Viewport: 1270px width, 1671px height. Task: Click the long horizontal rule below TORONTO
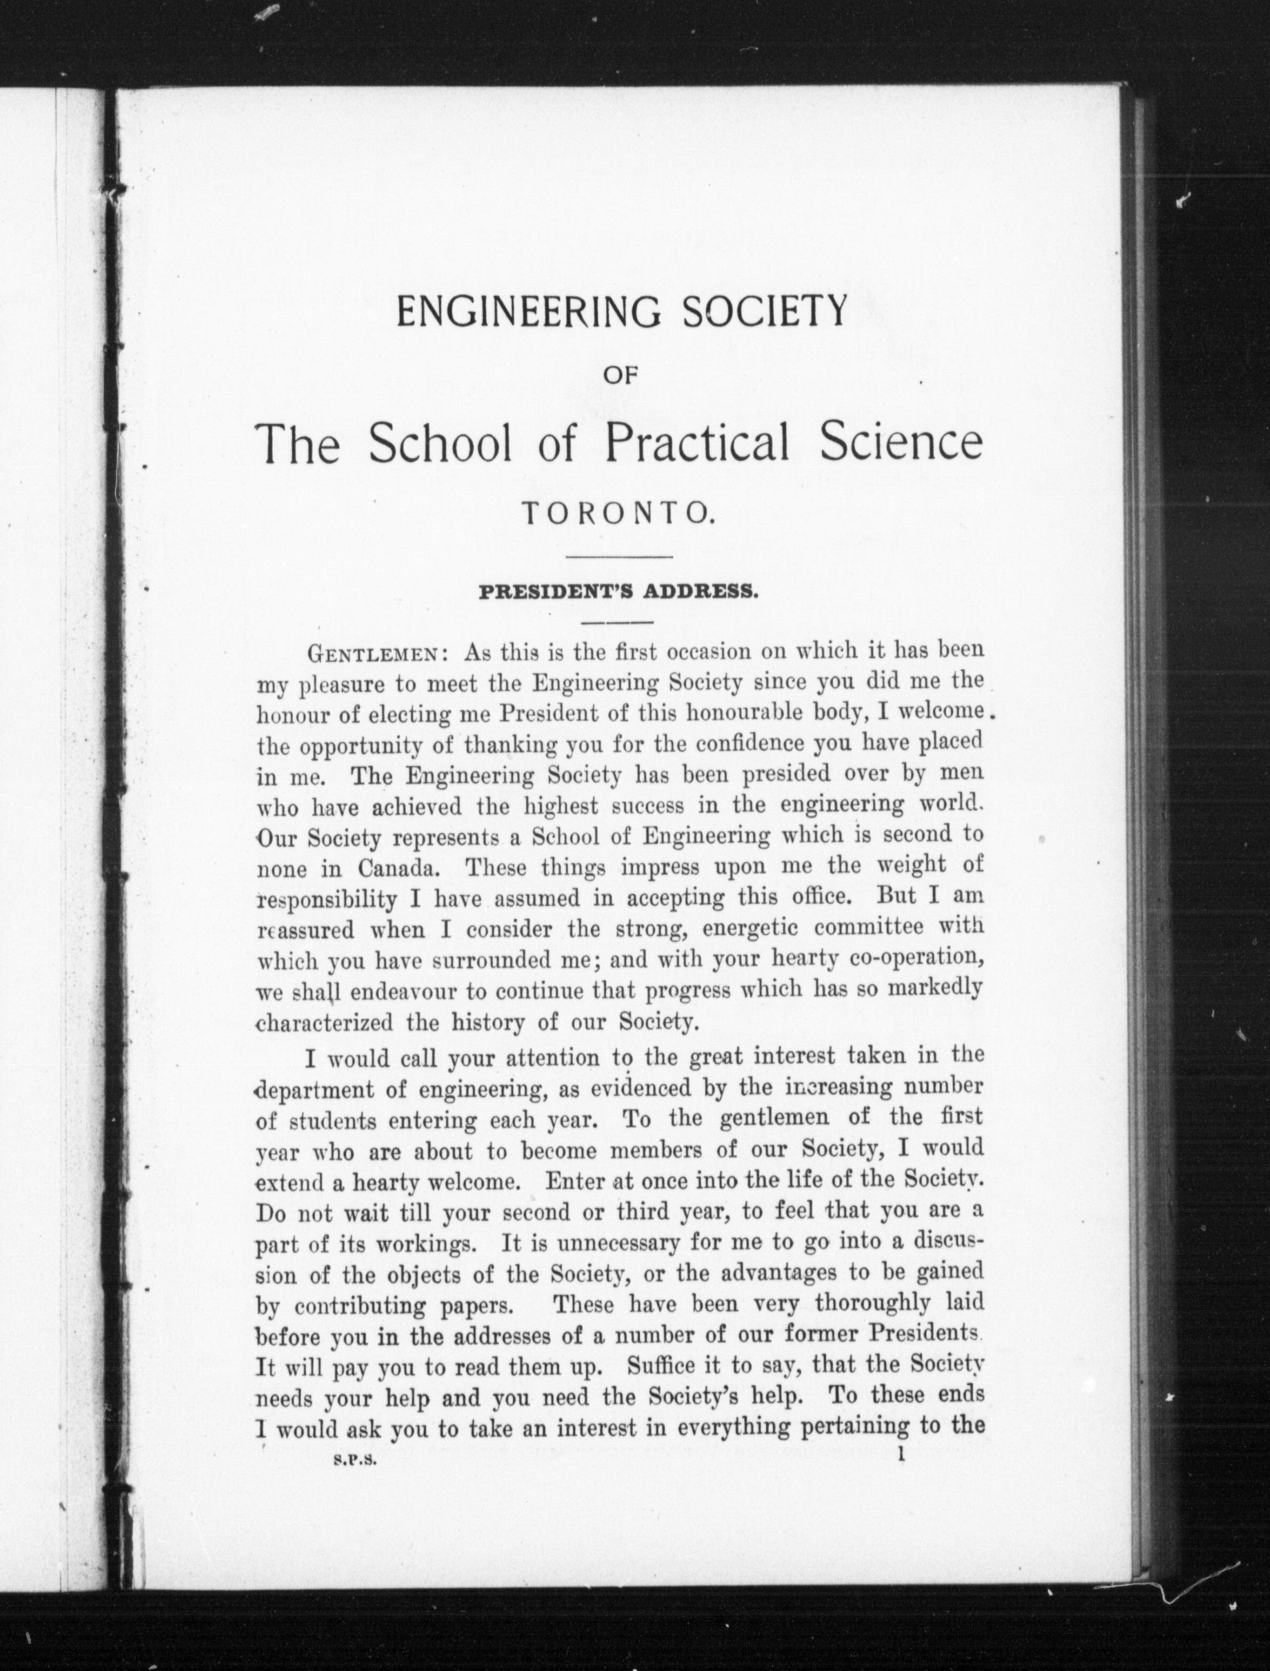[618, 557]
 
